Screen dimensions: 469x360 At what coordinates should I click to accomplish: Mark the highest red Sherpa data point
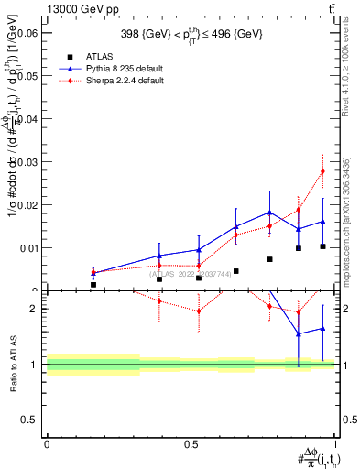pos(322,171)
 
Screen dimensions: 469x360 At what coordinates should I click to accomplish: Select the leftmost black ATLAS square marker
pos(93,285)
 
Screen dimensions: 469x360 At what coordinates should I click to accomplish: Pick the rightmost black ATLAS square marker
pos(322,246)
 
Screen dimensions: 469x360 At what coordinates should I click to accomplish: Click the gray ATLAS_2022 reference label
pos(192,273)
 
